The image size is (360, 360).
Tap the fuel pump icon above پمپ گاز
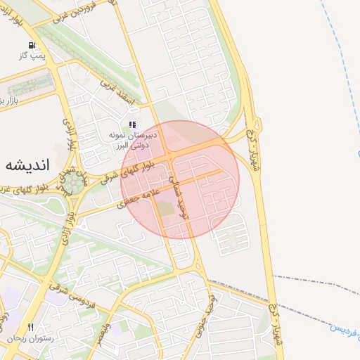tap(32, 45)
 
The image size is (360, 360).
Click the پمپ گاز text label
tap(32, 55)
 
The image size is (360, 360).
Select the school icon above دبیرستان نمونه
tap(132, 124)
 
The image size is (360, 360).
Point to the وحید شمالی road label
tap(179, 196)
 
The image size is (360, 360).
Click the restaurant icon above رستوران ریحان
tap(30, 327)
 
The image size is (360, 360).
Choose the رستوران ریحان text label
tap(31, 338)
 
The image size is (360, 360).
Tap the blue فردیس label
tap(346, 326)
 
